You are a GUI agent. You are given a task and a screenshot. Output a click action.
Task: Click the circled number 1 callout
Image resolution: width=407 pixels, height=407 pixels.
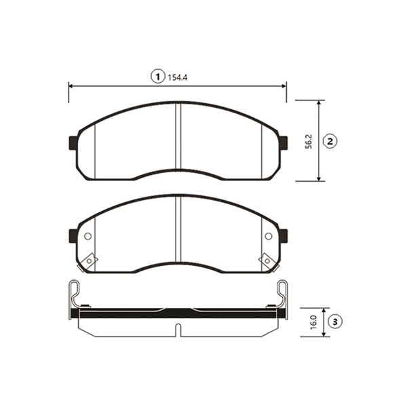158,77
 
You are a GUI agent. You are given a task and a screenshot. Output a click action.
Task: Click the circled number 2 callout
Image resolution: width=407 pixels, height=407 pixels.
330,142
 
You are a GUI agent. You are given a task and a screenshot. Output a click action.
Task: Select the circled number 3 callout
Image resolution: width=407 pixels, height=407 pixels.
335,322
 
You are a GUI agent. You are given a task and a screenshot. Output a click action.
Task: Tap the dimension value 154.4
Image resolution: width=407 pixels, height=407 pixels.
178,77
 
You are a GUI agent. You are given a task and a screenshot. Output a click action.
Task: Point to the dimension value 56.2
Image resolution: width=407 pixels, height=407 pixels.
309,142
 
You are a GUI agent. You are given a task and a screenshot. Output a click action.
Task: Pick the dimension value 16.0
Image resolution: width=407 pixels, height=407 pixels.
313,322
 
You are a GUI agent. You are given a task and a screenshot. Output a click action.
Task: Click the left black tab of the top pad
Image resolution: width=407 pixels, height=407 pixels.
73,143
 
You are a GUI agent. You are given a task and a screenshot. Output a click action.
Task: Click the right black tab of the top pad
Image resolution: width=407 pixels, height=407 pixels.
283,143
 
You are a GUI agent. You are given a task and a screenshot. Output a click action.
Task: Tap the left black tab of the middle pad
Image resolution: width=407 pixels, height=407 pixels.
73,236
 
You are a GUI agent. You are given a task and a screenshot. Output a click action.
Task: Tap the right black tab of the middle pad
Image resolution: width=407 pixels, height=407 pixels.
283,236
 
